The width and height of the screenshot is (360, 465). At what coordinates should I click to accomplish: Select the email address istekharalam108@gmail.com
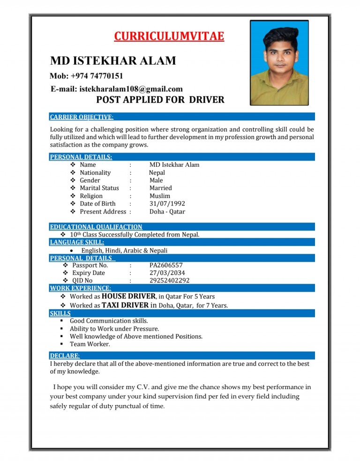117,89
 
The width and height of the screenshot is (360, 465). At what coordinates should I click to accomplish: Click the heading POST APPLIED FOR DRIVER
160,99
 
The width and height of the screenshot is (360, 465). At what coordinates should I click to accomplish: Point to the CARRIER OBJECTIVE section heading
82,117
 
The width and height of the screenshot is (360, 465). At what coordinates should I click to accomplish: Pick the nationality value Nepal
157,172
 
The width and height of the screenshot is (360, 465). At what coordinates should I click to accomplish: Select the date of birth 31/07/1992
167,204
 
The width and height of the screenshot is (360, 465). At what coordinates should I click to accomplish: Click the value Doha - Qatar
167,212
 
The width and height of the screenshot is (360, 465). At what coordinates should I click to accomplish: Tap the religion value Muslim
160,196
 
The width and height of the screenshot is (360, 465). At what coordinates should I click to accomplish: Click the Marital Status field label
99,188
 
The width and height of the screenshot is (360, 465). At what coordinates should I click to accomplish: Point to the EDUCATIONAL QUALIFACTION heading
96,227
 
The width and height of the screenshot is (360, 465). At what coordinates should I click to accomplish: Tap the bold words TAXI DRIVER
125,305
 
